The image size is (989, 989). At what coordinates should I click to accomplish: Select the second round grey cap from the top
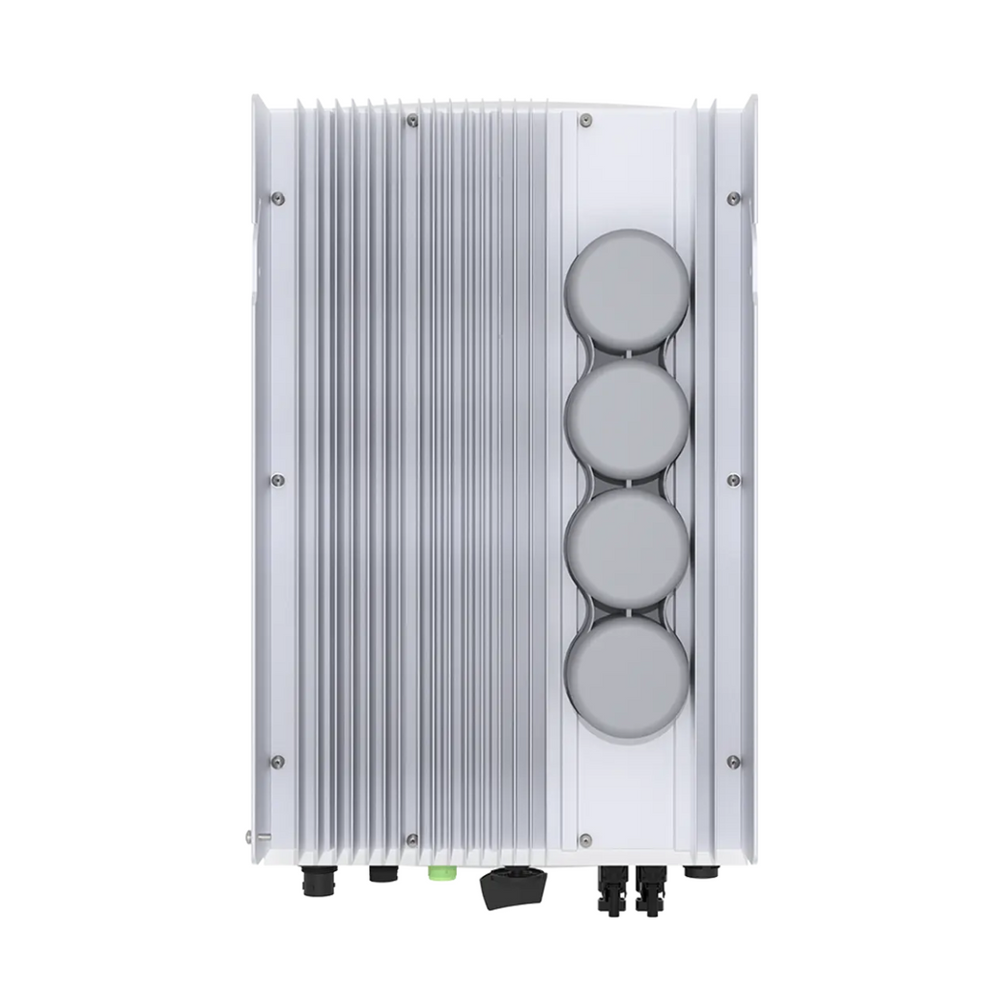627,417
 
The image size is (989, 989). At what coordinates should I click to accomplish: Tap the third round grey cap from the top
627,547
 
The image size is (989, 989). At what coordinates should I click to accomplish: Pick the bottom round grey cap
627,676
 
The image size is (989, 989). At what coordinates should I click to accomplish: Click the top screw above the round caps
585,121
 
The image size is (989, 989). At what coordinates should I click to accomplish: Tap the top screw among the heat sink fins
412,121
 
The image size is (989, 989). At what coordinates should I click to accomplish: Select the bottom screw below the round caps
585,840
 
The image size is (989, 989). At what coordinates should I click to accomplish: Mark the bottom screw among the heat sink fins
412,840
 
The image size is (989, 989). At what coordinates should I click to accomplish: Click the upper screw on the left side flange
278,198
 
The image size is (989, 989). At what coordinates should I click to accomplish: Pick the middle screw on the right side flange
734,480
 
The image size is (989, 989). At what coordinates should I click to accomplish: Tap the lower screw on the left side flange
278,762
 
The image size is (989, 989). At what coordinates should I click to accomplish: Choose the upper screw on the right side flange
734,198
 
